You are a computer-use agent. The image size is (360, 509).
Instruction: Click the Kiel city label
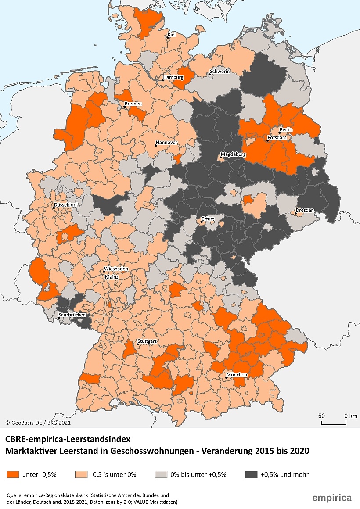pos(172,35)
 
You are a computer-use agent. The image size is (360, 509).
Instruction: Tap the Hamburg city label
pos(173,78)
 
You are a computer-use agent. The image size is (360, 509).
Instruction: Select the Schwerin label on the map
pos(220,72)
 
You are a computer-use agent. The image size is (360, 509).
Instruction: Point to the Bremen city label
pos(133,104)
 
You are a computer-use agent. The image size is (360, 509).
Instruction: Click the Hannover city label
pos(167,143)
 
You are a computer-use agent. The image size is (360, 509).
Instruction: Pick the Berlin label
pos(286,130)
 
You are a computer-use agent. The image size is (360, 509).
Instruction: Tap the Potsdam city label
pos(277,138)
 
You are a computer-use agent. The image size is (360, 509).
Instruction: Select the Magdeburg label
pos(234,154)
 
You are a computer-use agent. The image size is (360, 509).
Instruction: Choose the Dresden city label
pos(305,210)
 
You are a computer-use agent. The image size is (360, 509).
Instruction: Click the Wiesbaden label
pos(116,269)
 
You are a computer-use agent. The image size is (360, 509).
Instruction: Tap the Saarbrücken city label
pos(72,315)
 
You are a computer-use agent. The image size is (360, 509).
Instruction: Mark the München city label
pos(237,375)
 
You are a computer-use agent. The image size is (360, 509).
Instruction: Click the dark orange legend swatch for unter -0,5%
pos(13,474)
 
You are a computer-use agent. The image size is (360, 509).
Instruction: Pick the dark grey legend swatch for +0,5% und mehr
pos(251,474)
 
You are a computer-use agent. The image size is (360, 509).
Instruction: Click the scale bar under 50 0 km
pos(333,423)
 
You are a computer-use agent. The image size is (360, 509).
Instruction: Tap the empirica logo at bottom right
pos(331,498)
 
